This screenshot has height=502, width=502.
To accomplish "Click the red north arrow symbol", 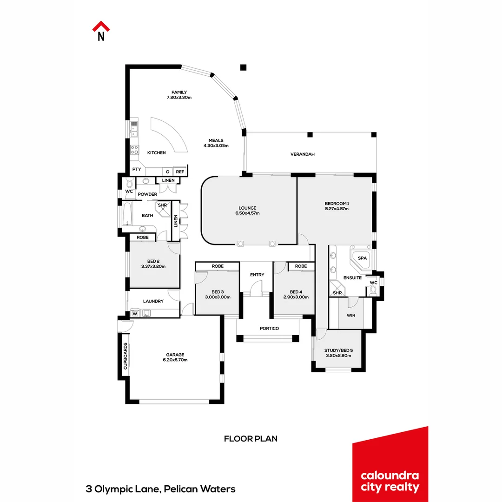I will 100,26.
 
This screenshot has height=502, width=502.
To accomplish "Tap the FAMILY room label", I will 179,92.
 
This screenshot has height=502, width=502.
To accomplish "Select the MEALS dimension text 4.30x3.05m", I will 216,145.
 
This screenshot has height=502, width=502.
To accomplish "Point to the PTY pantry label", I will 137,170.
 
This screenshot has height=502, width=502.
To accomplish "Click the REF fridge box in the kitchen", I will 180,172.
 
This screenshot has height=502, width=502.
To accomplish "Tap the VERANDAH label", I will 303,154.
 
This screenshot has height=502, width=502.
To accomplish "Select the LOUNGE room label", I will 247,208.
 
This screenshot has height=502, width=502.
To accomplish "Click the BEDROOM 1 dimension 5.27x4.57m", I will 337,209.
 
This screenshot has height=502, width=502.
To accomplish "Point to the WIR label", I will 351,315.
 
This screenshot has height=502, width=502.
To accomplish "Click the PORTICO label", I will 269,329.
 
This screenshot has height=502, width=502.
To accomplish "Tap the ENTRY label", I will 257,275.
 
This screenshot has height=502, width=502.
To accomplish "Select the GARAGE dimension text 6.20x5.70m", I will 175,360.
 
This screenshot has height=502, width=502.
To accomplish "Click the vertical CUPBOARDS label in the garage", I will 125,357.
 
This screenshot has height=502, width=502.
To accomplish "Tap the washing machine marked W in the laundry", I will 135,314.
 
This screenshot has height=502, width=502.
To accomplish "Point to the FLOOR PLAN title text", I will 251,438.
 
